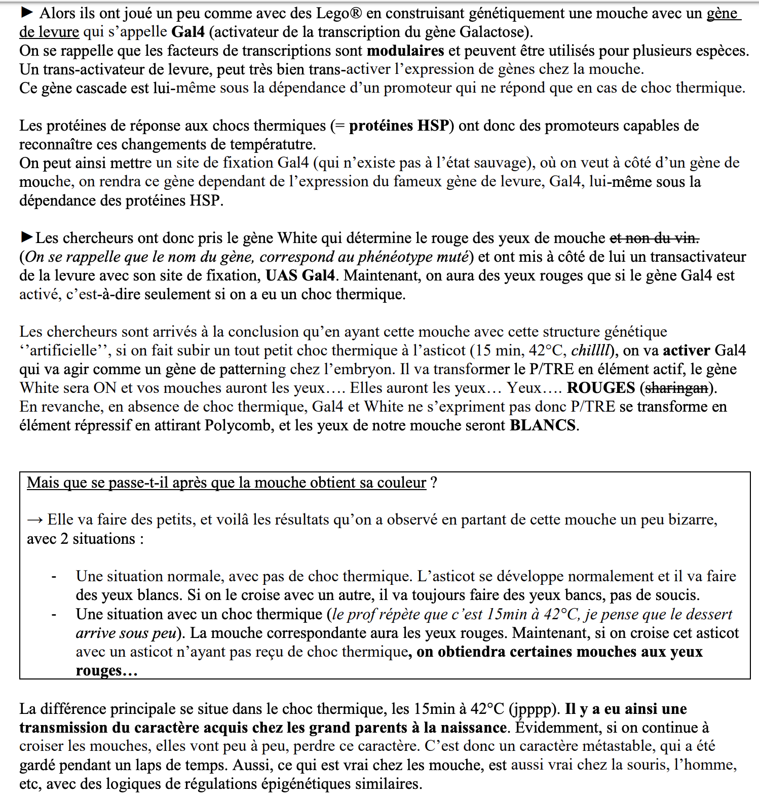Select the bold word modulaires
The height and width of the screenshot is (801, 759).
[x=405, y=51]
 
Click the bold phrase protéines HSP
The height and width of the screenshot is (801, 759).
[x=399, y=126]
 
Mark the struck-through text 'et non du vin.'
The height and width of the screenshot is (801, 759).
[x=654, y=238]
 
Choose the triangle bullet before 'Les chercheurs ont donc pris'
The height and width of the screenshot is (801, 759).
[x=27, y=236]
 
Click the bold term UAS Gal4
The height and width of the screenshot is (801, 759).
[x=300, y=275]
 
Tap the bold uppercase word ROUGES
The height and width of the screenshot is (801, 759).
[x=600, y=388]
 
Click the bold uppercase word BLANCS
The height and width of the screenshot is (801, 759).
[x=543, y=425]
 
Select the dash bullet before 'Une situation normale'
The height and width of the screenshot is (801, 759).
[x=54, y=577]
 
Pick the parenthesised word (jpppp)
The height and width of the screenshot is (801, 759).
[x=534, y=709]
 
